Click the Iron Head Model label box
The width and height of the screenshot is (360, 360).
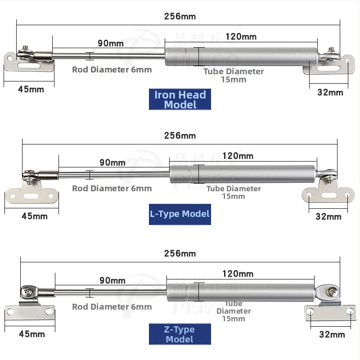click(180, 99)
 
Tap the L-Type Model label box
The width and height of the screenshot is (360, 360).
click(180, 213)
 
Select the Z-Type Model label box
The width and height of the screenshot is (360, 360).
click(180, 334)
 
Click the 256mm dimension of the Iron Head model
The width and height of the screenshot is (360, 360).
click(180, 17)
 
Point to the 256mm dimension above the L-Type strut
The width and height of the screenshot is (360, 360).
click(180, 135)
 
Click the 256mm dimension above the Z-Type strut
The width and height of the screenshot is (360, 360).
click(180, 253)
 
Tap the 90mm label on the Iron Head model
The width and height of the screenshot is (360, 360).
click(111, 44)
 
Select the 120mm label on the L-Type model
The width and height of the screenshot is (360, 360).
click(238, 156)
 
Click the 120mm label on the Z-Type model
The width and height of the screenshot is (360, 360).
click(238, 274)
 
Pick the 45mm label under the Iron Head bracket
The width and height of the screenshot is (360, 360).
click(31, 89)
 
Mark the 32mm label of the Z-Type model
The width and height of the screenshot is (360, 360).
click(332, 334)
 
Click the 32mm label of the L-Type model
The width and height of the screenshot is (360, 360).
click(328, 216)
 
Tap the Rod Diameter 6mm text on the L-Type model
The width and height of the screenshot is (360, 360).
click(112, 189)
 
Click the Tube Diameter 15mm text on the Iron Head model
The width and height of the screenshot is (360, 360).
click(234, 75)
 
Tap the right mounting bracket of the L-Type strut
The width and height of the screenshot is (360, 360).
click(328, 194)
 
